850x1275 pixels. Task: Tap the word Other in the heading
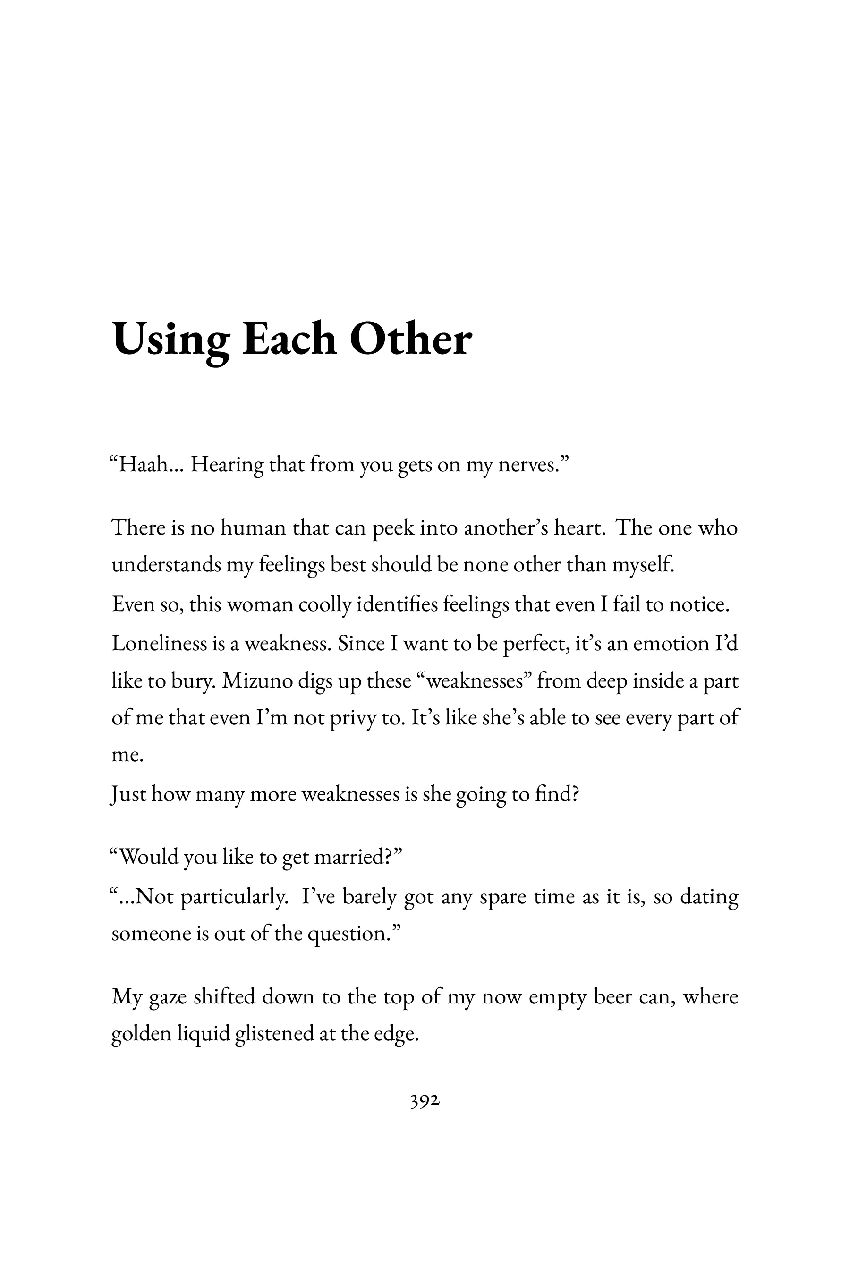click(x=410, y=340)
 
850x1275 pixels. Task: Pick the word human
click(x=252, y=527)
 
